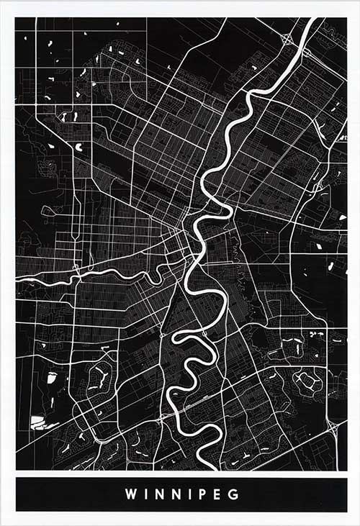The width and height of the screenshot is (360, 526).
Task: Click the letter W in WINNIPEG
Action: [130, 495]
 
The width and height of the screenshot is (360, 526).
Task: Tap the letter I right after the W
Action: [146, 495]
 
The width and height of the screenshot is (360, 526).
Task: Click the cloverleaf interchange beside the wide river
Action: [287, 40]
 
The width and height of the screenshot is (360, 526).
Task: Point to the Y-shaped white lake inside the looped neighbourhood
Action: [100, 373]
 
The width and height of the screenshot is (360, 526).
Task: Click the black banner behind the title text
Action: [72, 495]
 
